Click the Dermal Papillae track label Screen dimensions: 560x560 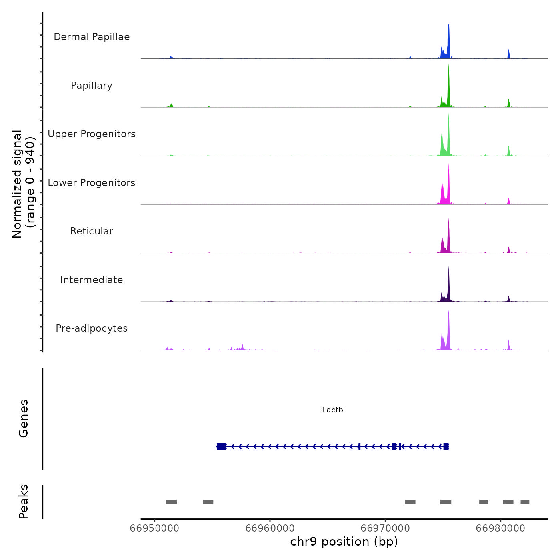click(x=92, y=37)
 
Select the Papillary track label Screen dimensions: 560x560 click(x=92, y=86)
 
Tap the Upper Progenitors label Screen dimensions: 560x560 click(x=92, y=134)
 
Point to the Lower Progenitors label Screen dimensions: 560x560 click(x=92, y=183)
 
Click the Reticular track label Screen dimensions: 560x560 click(x=92, y=231)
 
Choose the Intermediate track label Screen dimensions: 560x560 click(x=92, y=280)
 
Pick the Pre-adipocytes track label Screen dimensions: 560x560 click(x=92, y=328)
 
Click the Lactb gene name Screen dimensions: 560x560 click(x=332, y=410)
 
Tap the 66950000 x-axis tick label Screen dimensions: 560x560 click(x=155, y=528)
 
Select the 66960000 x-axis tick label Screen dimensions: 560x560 click(x=270, y=528)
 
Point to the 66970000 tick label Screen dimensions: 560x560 click(x=385, y=528)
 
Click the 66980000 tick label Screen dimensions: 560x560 click(x=500, y=528)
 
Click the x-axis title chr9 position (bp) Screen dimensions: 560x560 click(x=344, y=542)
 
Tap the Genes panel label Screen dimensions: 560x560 click(x=24, y=418)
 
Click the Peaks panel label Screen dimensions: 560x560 click(x=24, y=502)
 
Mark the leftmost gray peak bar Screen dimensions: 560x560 click(x=172, y=502)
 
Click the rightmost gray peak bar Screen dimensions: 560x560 click(x=525, y=502)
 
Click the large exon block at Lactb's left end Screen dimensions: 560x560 click(x=222, y=446)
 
